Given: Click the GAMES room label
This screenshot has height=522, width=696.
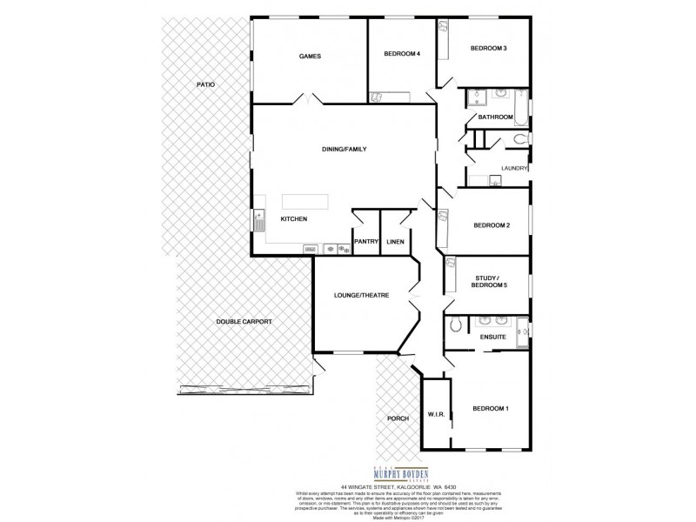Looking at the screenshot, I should (x=311, y=57).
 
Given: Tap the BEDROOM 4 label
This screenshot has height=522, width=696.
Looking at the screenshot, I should (x=402, y=54).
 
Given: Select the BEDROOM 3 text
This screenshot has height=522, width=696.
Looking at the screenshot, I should (x=488, y=48).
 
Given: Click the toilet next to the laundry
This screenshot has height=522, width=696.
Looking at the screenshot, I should (x=519, y=139).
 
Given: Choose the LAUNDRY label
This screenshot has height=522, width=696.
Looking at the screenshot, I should (x=514, y=169).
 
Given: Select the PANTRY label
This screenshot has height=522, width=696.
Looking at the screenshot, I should (x=365, y=243).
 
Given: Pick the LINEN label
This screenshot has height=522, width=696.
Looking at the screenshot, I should (x=395, y=243).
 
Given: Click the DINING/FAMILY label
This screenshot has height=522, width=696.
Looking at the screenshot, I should (x=345, y=150).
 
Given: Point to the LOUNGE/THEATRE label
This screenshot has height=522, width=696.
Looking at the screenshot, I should (x=360, y=296).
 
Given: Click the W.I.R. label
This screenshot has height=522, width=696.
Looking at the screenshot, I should (x=436, y=414).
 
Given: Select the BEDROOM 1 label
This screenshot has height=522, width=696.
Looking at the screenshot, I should (x=491, y=408).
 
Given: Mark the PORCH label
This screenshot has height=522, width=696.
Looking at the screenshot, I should (x=398, y=419).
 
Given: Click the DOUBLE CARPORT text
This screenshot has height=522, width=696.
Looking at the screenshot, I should (x=244, y=322).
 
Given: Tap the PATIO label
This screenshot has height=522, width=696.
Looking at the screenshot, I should (x=204, y=84).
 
